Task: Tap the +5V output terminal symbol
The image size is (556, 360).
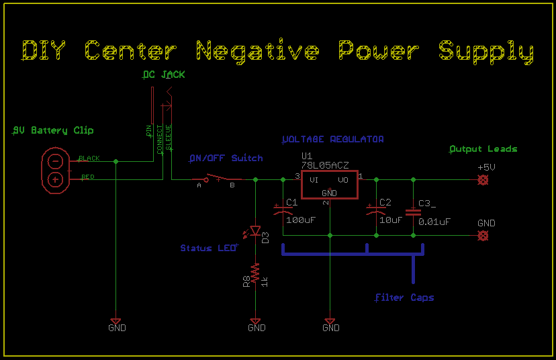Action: coord(481,180)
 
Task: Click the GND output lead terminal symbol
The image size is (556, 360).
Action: coord(481,236)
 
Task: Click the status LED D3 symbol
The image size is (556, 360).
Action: coord(255,232)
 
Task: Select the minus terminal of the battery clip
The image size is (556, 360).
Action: coord(56,161)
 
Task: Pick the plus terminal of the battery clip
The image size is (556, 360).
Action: coord(56,179)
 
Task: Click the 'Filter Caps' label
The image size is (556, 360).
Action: coord(404,298)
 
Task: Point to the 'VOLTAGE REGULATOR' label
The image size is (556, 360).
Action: coord(333,139)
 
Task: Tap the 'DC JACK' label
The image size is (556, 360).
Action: coord(163,75)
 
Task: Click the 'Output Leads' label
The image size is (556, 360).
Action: coord(483,148)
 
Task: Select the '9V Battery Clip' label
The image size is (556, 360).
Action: coord(53,130)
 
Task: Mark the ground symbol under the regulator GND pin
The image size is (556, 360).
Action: coord(330,322)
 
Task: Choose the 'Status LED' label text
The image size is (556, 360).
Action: coord(207,249)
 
